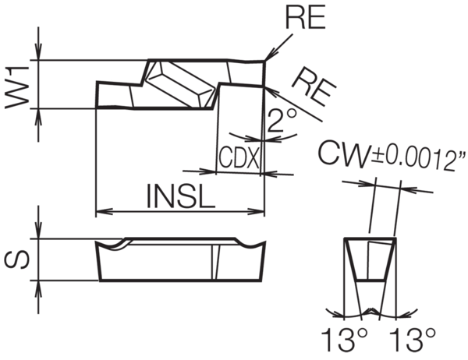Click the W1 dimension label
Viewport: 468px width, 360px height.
click(x=17, y=84)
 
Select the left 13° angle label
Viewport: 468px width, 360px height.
click(x=340, y=341)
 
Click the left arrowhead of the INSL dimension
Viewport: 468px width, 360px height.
click(x=101, y=210)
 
